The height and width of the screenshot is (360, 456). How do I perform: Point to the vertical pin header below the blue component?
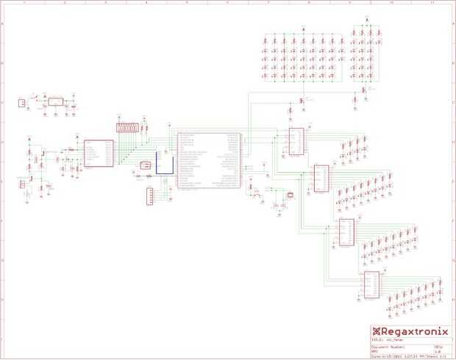coord(150,195)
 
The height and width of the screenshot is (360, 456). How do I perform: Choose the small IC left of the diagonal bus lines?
coord(99,154)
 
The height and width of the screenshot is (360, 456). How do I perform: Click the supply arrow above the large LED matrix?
coord(302,29)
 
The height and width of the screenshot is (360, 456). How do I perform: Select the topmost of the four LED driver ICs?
coord(296,142)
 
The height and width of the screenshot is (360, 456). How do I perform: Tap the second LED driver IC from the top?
coord(321,178)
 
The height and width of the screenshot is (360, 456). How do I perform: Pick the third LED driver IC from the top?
coord(346,232)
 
